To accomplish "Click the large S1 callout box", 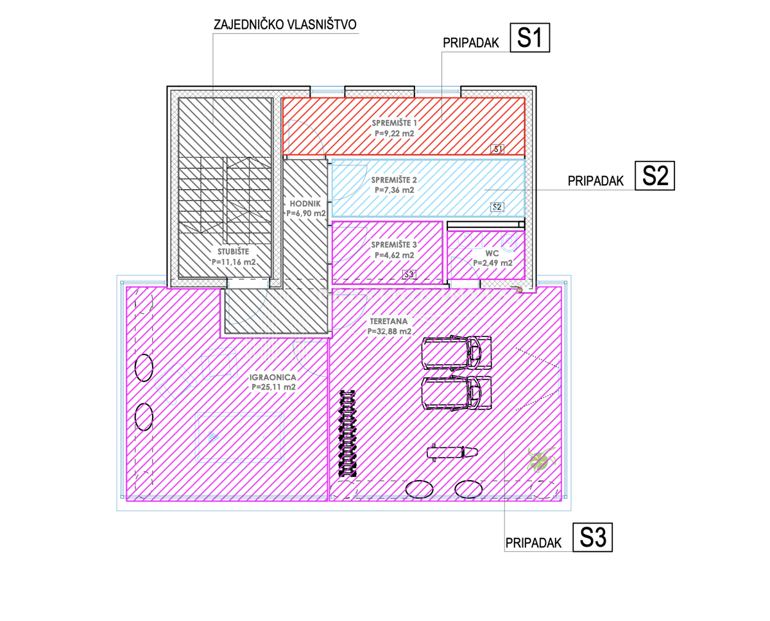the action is (x=529, y=38).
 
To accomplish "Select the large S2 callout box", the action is (x=654, y=176).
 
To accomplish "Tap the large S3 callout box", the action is (x=592, y=537).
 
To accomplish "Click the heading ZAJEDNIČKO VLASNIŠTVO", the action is (x=285, y=24).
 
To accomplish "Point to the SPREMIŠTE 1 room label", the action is (x=395, y=123).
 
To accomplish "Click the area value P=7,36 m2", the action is (x=395, y=190).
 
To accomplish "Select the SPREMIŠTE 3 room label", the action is (x=394, y=244).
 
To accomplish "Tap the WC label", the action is (x=492, y=253).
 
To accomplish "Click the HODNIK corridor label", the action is (x=305, y=204).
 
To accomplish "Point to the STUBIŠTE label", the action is (x=233, y=251).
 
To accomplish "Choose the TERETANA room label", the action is (x=389, y=321).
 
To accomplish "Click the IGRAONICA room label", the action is (x=273, y=377).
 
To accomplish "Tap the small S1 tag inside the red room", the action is (x=497, y=149).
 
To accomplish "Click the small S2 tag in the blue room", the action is (x=497, y=207).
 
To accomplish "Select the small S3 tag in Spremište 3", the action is (x=409, y=274).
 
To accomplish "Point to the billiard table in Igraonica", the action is (x=239, y=438).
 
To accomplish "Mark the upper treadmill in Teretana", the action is (x=457, y=352).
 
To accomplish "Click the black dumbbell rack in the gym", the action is (x=347, y=433).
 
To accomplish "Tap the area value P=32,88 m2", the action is (x=389, y=331).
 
